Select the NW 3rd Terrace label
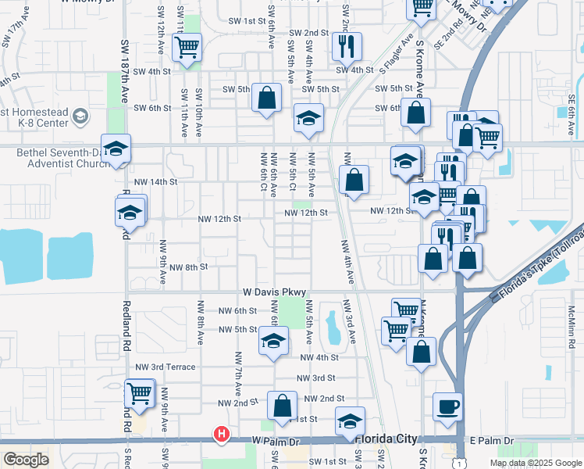pos(166,366)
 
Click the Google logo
pos(26,460)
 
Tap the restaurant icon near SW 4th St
pos(347,46)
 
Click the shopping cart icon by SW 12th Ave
pos(187,48)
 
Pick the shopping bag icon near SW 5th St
pos(266,98)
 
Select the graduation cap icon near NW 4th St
pos(273,342)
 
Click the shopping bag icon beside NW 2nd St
pos(282,406)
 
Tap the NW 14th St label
pos(156,181)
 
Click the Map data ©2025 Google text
pos(536,463)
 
